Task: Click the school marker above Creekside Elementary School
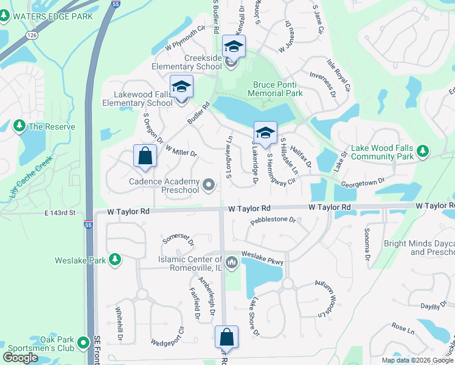[x=234, y=46]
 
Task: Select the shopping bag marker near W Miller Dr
[x=145, y=156]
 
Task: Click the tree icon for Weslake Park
[x=114, y=260]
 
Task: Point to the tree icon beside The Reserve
[x=19, y=126]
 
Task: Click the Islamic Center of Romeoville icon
[x=231, y=263]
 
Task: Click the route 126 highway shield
[x=32, y=36]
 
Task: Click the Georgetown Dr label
[x=364, y=181]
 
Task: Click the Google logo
[x=21, y=357]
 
